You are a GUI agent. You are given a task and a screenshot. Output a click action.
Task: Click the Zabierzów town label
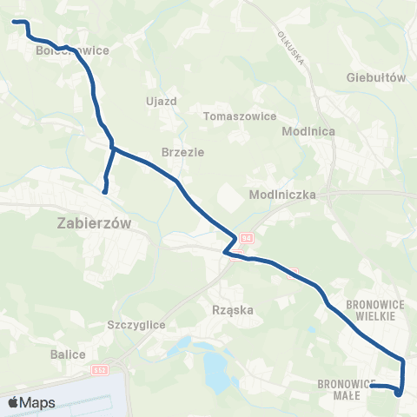coord(96,222)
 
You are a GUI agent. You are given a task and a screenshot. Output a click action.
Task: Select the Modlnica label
coord(303,131)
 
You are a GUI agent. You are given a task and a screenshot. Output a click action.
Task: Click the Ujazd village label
coord(162,101)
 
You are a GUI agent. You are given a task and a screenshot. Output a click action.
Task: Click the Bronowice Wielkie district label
coord(371,310)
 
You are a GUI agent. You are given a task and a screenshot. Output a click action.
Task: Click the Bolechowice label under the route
coord(73,50)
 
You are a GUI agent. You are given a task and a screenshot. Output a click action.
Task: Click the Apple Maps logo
coord(30,402)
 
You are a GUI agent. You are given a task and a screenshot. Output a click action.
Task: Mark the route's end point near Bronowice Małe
coord(372,386)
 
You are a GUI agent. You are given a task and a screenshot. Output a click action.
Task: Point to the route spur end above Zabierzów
coord(105,191)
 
